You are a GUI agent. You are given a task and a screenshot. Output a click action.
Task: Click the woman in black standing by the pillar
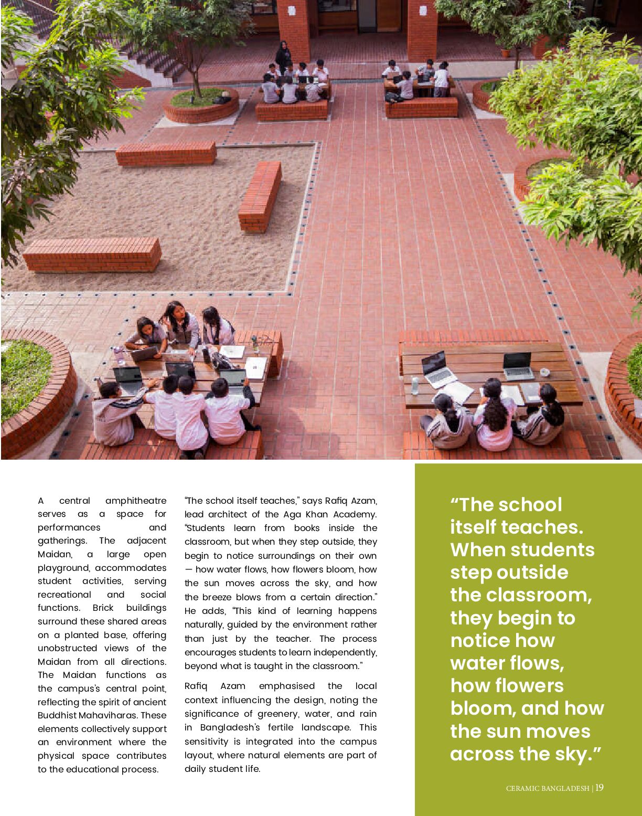pyautogui.click(x=283, y=57)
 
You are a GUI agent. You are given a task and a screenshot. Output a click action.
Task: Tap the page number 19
pyautogui.click(x=600, y=787)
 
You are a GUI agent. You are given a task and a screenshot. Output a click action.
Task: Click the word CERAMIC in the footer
pyautogui.click(x=522, y=788)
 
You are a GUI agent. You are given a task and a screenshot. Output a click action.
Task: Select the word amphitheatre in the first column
pyautogui.click(x=136, y=501)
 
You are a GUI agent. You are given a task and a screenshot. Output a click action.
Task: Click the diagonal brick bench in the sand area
pyautogui.click(x=260, y=196)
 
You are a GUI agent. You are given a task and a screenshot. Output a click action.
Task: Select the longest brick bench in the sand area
pyautogui.click(x=92, y=255)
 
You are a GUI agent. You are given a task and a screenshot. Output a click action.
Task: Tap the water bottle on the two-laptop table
pyautogui.click(x=415, y=386)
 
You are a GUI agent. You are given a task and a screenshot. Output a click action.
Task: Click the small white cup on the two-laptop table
pyautogui.click(x=545, y=372)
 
